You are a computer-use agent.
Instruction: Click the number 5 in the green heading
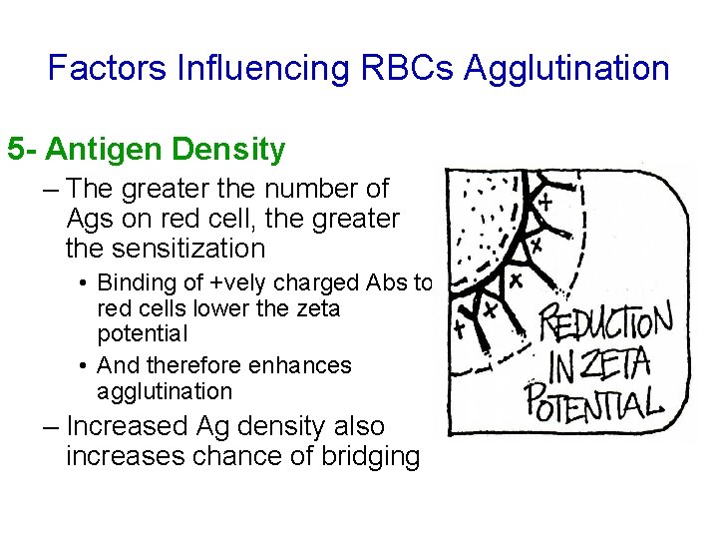(x=16, y=151)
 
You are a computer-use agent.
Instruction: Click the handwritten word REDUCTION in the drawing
(x=606, y=324)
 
